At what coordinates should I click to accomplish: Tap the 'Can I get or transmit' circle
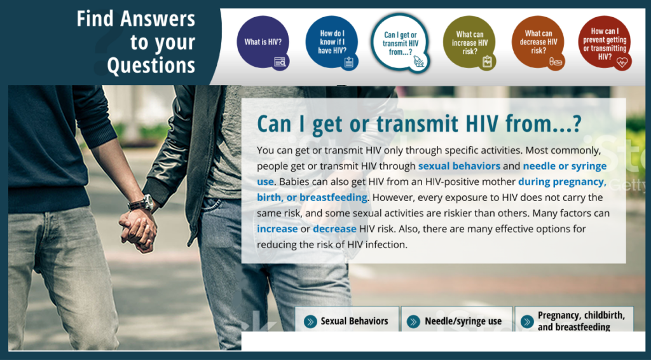tap(400, 43)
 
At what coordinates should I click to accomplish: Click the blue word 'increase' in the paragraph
tap(277, 228)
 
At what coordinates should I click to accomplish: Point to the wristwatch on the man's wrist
tap(140, 204)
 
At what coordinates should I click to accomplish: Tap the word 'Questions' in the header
tap(151, 65)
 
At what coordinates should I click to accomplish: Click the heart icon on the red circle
tap(622, 62)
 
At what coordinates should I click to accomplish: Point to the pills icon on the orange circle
tap(555, 62)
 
